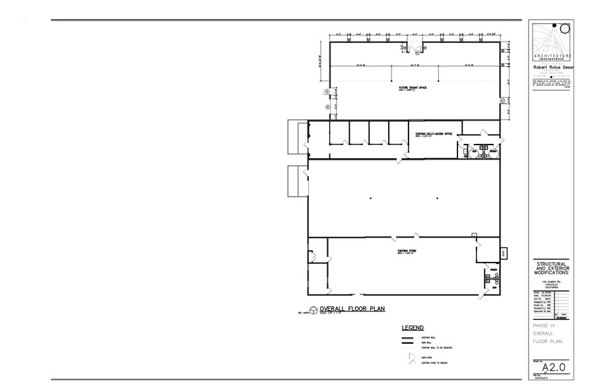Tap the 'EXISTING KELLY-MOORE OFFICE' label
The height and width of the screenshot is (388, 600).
(433, 133)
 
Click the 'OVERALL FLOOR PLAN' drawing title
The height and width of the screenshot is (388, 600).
(352, 308)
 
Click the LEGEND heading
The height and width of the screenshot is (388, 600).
(413, 327)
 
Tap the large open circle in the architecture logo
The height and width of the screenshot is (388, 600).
(566, 28)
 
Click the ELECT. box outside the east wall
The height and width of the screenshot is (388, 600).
(503, 252)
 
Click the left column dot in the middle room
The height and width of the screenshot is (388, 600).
(371, 198)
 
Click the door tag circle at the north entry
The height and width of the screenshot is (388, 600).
(406, 48)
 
